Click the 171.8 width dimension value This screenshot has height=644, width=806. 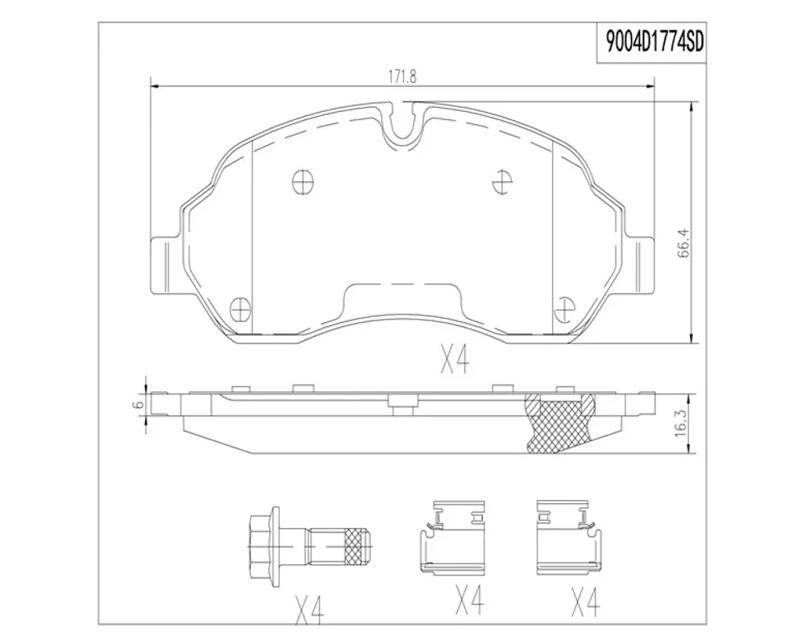pos(402,76)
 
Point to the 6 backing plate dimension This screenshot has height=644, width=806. pos(137,405)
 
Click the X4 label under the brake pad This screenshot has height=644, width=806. pos(455,360)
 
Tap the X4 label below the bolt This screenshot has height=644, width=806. pos(310,609)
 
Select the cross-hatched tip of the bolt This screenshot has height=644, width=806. pos(357,547)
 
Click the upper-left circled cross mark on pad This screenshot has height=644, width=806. pos(301,182)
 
